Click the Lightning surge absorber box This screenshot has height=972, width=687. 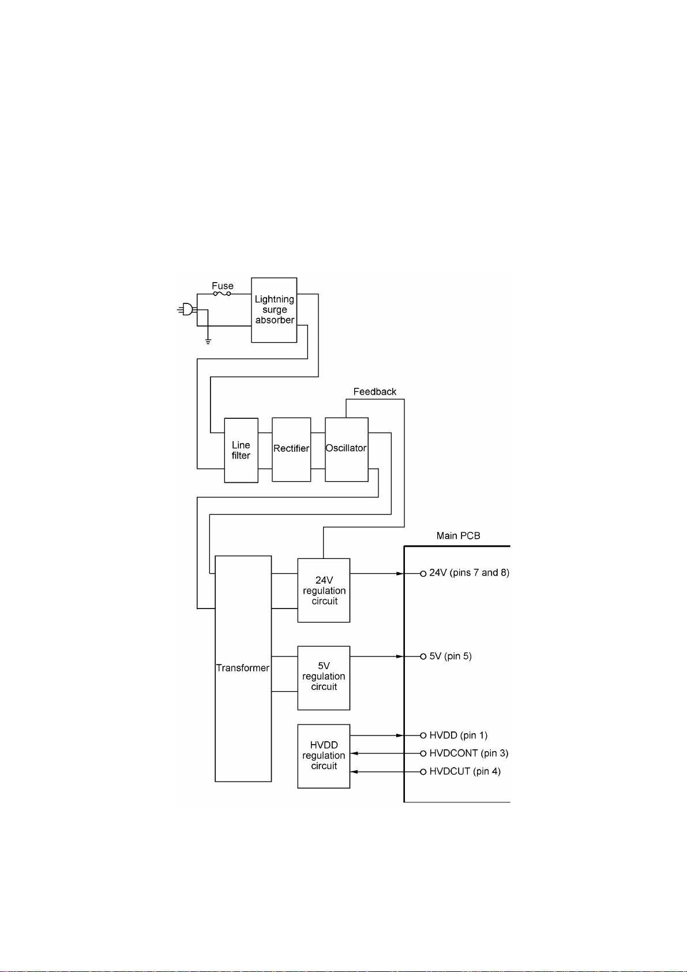274,310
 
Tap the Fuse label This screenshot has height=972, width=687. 223,286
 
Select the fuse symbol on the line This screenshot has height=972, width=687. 222,294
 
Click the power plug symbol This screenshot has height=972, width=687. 186,310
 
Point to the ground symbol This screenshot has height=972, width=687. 208,341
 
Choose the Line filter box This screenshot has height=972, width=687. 241,450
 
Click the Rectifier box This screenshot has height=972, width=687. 291,449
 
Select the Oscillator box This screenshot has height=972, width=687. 346,448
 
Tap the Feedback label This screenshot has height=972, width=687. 375,392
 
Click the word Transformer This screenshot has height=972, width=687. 243,668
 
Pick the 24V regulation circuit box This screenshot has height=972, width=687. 324,590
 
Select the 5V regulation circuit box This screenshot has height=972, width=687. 324,677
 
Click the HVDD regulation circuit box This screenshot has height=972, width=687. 324,756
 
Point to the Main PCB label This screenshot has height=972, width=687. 458,535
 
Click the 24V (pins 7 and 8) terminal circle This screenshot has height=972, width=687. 423,573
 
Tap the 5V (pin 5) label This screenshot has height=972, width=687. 451,656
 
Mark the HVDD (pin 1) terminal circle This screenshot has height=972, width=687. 423,735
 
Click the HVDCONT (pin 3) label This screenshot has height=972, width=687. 469,753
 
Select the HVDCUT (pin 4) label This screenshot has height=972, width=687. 465,771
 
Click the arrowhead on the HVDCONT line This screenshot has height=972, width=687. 355,753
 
